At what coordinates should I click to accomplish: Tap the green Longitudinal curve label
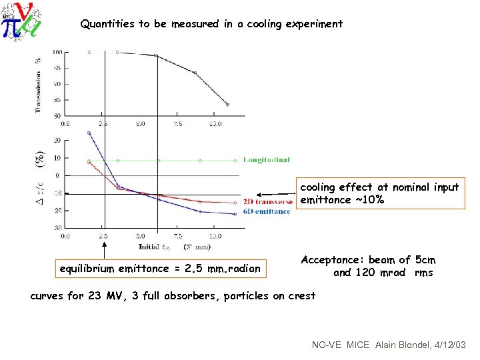[266, 160]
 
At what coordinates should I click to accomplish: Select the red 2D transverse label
[267, 202]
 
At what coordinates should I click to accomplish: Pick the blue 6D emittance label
[267, 211]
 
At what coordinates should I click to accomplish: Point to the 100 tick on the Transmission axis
[58, 52]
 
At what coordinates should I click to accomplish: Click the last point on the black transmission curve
[227, 105]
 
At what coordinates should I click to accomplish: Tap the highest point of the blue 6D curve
[89, 133]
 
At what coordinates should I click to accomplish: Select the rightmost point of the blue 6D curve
[235, 214]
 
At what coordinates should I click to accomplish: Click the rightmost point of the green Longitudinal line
[235, 160]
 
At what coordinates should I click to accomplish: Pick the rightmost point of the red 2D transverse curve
[235, 203]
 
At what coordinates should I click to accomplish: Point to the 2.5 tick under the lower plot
[103, 236]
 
